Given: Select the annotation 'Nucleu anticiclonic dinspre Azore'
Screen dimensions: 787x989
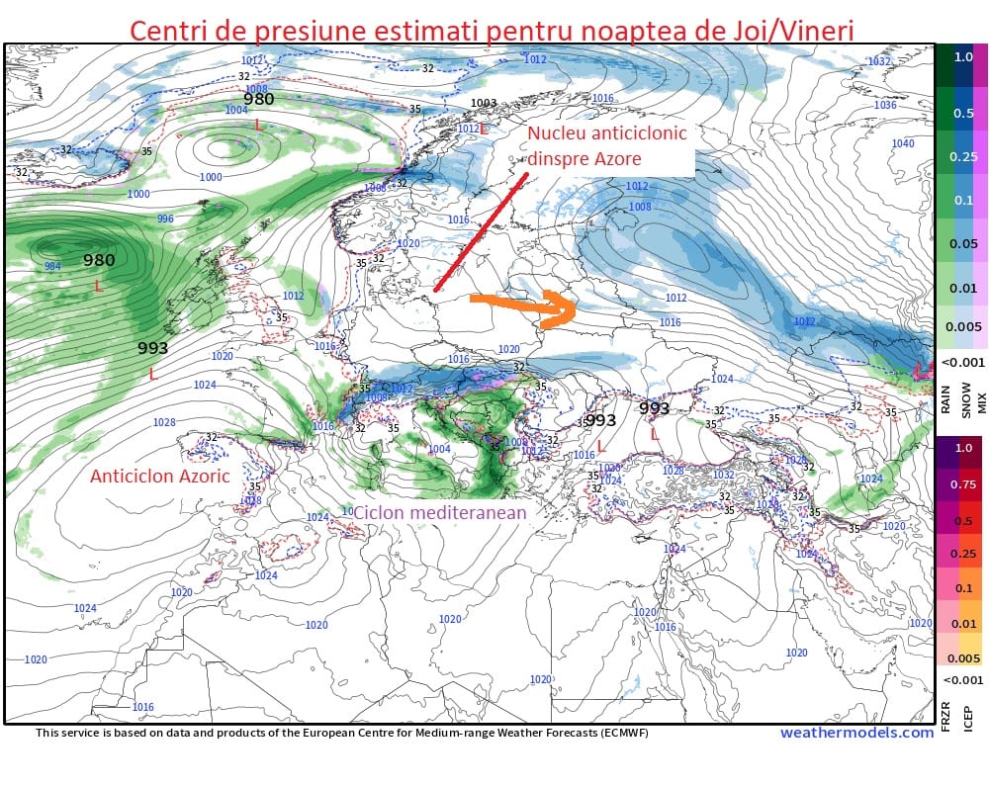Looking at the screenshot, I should [606, 146].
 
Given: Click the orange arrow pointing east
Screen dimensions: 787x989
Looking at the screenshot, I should [521, 307].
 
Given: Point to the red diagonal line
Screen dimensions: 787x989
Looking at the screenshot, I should [481, 233].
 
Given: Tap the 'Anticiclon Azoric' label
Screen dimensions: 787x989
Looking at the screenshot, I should [159, 476].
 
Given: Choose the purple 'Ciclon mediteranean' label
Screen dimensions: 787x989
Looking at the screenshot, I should [439, 512].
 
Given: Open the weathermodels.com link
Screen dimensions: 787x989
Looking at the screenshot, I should [856, 733].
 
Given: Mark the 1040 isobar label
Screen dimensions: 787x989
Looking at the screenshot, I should [903, 143].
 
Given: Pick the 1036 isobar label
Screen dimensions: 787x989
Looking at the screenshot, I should [885, 105].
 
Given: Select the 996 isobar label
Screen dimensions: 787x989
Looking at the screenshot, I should [165, 219].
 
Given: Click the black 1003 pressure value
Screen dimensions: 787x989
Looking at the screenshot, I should [484, 103].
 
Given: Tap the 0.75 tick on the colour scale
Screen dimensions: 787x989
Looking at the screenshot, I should [962, 484].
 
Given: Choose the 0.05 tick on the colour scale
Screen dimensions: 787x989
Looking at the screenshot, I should [962, 243].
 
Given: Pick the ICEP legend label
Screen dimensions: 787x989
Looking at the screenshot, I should [968, 711].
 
